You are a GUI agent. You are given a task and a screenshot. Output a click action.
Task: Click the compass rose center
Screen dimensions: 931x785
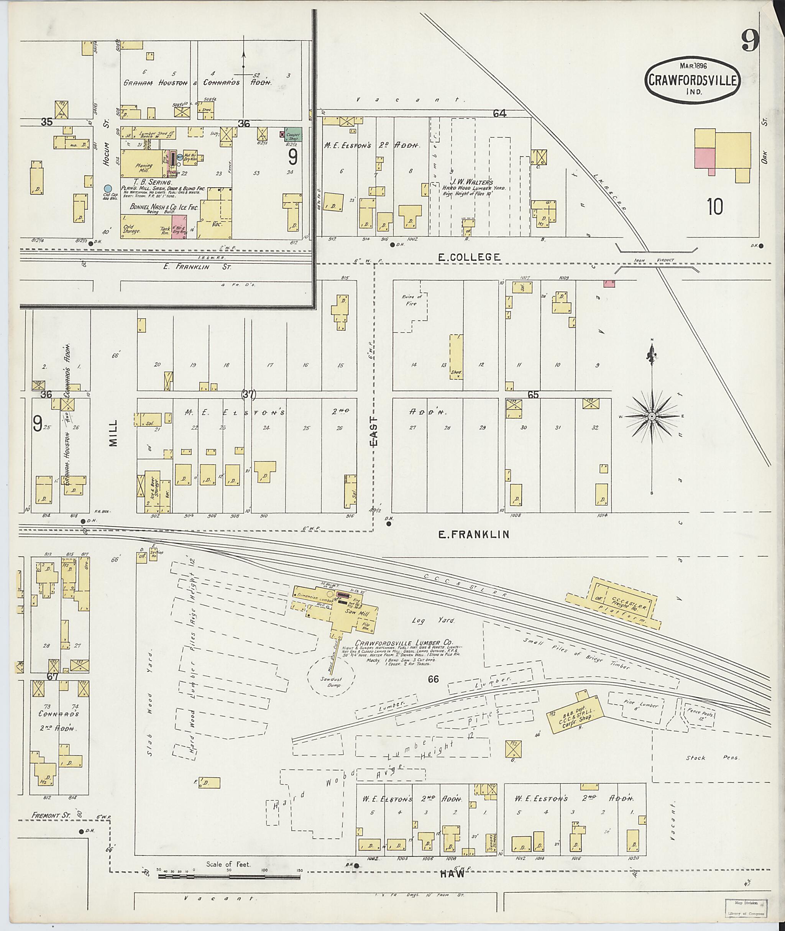coord(652,416)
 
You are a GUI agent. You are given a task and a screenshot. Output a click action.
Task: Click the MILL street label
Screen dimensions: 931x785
coord(113,433)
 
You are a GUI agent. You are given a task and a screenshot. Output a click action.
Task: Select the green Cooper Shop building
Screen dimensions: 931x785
coord(293,135)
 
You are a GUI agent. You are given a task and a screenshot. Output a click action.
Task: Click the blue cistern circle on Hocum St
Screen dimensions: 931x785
coord(107,189)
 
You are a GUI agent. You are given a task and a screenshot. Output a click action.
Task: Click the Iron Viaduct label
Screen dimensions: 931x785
coord(662,260)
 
